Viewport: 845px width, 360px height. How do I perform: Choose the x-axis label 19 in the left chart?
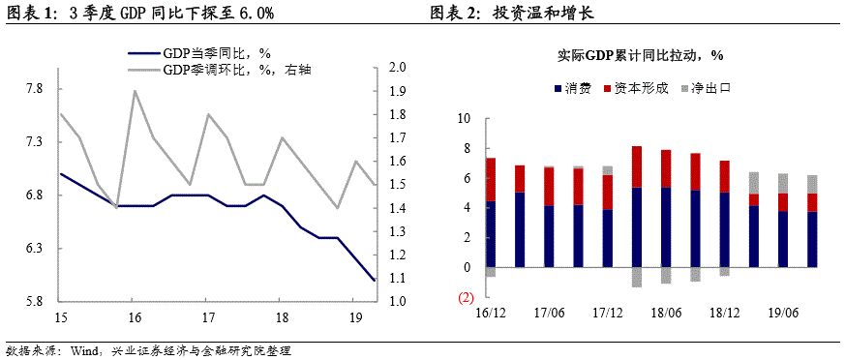pyautogui.click(x=355, y=317)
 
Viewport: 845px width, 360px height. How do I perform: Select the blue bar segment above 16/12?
pyautogui.click(x=491, y=234)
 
